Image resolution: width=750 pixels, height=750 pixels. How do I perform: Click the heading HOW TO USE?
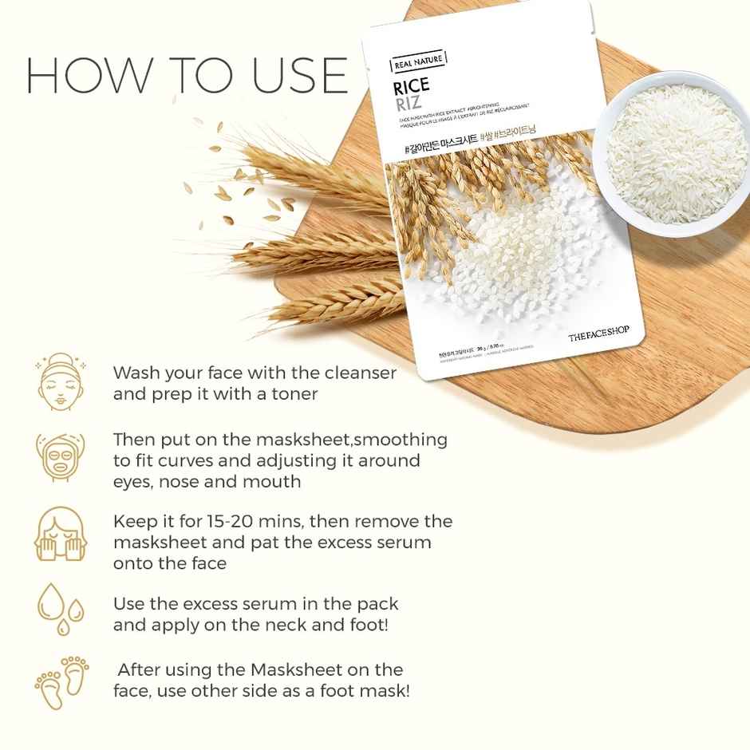pos(187,75)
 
